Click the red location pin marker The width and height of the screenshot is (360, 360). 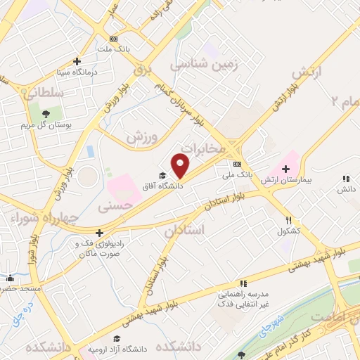coord(181,166)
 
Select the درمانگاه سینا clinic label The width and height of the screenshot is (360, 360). coord(77,71)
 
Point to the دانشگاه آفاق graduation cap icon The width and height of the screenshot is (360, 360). coord(163,176)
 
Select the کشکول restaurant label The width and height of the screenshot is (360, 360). coord(289,231)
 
